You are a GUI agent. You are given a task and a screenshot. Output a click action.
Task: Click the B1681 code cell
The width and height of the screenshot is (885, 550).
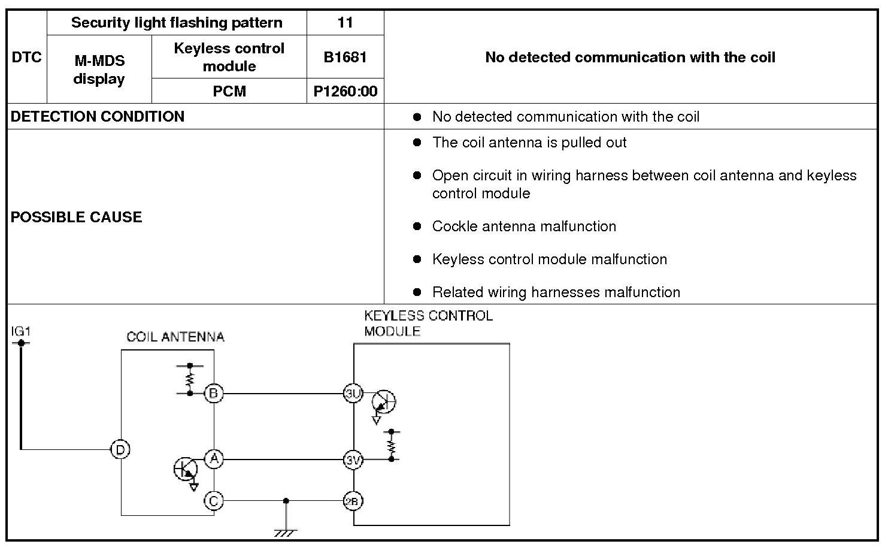(x=345, y=57)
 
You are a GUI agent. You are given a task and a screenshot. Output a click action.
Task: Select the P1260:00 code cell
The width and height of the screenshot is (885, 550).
(x=345, y=91)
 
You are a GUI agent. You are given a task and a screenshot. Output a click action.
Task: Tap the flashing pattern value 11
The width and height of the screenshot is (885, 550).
(x=345, y=23)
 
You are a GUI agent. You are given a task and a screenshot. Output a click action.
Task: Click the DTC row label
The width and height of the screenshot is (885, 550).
(x=26, y=57)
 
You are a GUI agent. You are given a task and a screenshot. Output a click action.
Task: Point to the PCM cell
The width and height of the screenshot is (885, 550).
(x=229, y=91)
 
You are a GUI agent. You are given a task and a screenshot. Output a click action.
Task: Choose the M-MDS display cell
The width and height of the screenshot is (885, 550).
(x=99, y=69)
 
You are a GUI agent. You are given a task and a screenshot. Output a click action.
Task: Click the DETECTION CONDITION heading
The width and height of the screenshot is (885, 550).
(x=98, y=116)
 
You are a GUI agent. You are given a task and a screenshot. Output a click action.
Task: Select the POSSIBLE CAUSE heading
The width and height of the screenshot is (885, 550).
(x=77, y=217)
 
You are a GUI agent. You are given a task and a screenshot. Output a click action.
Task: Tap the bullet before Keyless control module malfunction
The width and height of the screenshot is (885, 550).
(x=417, y=259)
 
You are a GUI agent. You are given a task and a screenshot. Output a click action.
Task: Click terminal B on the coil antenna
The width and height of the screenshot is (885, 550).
(x=214, y=394)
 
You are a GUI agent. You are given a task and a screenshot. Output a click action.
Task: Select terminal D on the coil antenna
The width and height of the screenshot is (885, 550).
(x=120, y=449)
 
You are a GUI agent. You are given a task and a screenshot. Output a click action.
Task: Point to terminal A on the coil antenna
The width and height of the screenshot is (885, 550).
(x=214, y=460)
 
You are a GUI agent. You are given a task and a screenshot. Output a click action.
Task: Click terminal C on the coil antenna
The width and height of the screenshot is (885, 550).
(x=214, y=500)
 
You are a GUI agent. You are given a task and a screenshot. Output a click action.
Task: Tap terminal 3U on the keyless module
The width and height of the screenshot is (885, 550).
(x=353, y=394)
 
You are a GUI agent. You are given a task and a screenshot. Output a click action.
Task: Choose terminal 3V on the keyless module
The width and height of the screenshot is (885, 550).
(x=353, y=460)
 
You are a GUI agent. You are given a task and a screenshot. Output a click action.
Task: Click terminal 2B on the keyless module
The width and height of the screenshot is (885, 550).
(x=353, y=501)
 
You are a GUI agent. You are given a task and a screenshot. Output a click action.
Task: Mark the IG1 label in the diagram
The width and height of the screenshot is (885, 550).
(x=20, y=331)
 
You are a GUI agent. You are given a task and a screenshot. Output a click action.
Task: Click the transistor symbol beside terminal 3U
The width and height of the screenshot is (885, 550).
(x=383, y=401)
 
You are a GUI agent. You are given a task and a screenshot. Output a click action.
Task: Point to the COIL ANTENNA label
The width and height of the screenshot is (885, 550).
(x=175, y=337)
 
